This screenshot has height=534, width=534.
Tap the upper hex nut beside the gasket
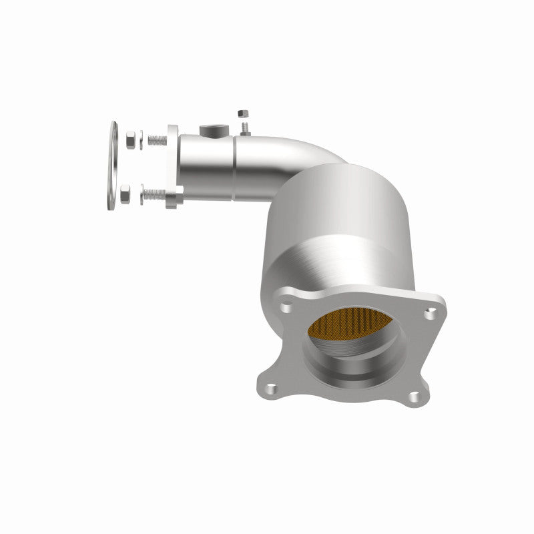click(x=131, y=140)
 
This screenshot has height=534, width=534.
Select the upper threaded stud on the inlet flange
click(x=157, y=140)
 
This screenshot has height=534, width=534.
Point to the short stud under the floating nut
click(x=245, y=127)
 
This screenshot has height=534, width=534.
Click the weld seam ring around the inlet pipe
click(x=234, y=167)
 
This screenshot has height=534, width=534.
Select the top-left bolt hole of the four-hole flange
click(x=286, y=308)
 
